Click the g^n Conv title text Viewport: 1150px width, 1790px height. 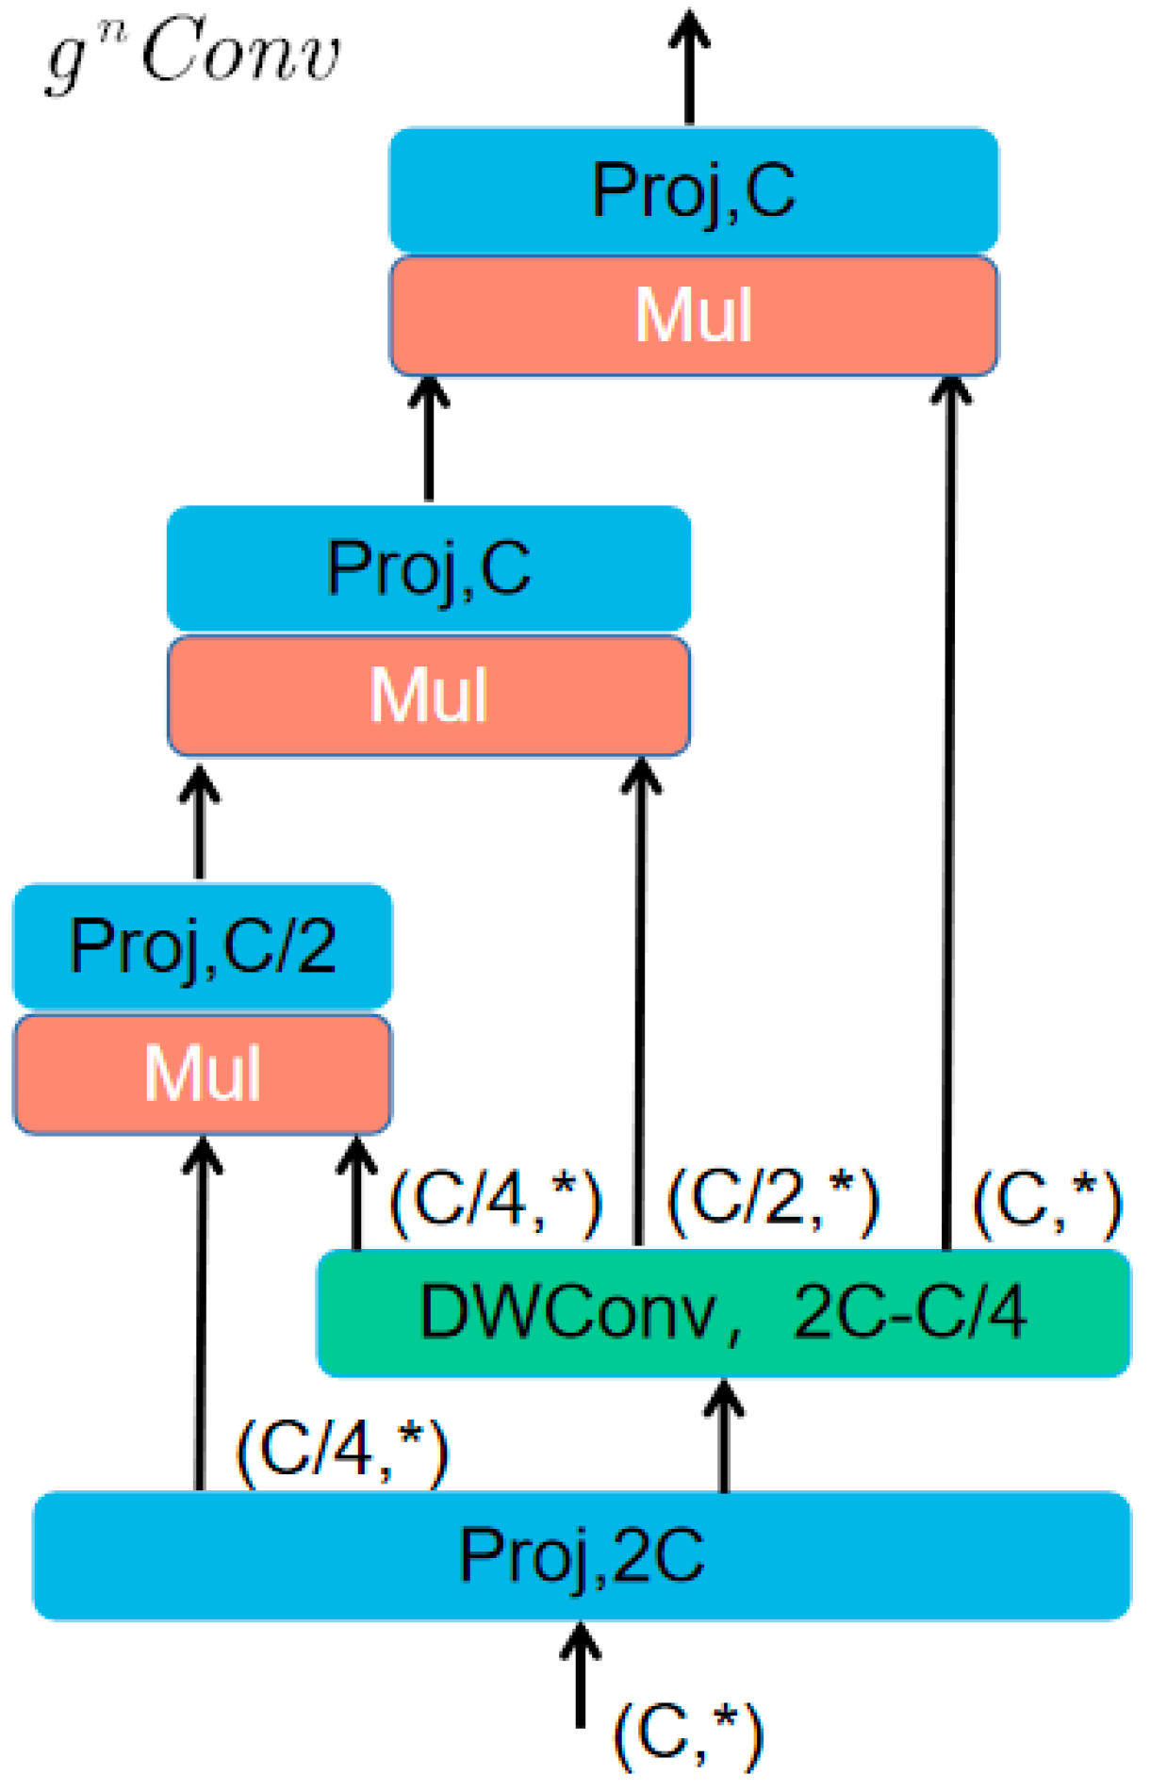pos(193,55)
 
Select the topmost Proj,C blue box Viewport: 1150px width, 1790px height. pos(694,190)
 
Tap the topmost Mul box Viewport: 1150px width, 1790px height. pos(694,315)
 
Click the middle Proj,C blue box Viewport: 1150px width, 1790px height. pos(429,568)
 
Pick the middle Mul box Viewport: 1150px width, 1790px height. pos(429,696)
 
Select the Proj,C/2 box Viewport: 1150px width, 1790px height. pos(202,946)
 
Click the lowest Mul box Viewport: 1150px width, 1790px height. pos(202,1075)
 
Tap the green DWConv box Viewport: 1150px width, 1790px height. pos(723,1313)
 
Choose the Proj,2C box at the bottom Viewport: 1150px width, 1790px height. pos(582,1555)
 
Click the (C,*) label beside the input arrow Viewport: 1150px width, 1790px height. pos(688,1735)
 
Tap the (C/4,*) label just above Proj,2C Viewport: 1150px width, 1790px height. pos(342,1452)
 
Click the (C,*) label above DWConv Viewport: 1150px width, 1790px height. pos(1047,1202)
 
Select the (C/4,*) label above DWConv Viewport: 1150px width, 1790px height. pos(496,1202)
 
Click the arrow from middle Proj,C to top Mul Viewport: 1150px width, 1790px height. pos(429,438)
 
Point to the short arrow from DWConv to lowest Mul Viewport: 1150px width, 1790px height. pos(356,1193)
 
